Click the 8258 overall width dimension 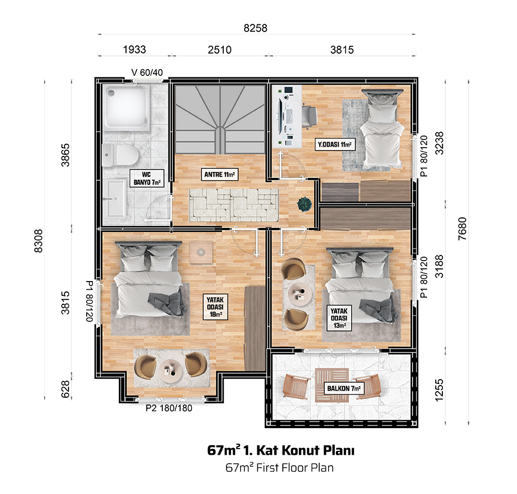(255, 28)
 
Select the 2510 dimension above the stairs (220, 50)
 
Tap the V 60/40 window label (147, 72)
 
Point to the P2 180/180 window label (169, 408)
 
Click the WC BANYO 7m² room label (147, 178)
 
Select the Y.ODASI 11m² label (335, 144)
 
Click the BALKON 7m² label (344, 388)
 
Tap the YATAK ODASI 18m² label (215, 307)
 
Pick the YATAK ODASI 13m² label (339, 318)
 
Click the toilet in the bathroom (120, 154)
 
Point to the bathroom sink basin (114, 199)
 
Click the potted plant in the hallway (304, 204)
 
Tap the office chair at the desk (309, 115)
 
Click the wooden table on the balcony (332, 386)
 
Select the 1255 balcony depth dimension (439, 390)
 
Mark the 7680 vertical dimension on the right (462, 228)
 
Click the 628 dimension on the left (65, 389)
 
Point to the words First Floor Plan (295, 467)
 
